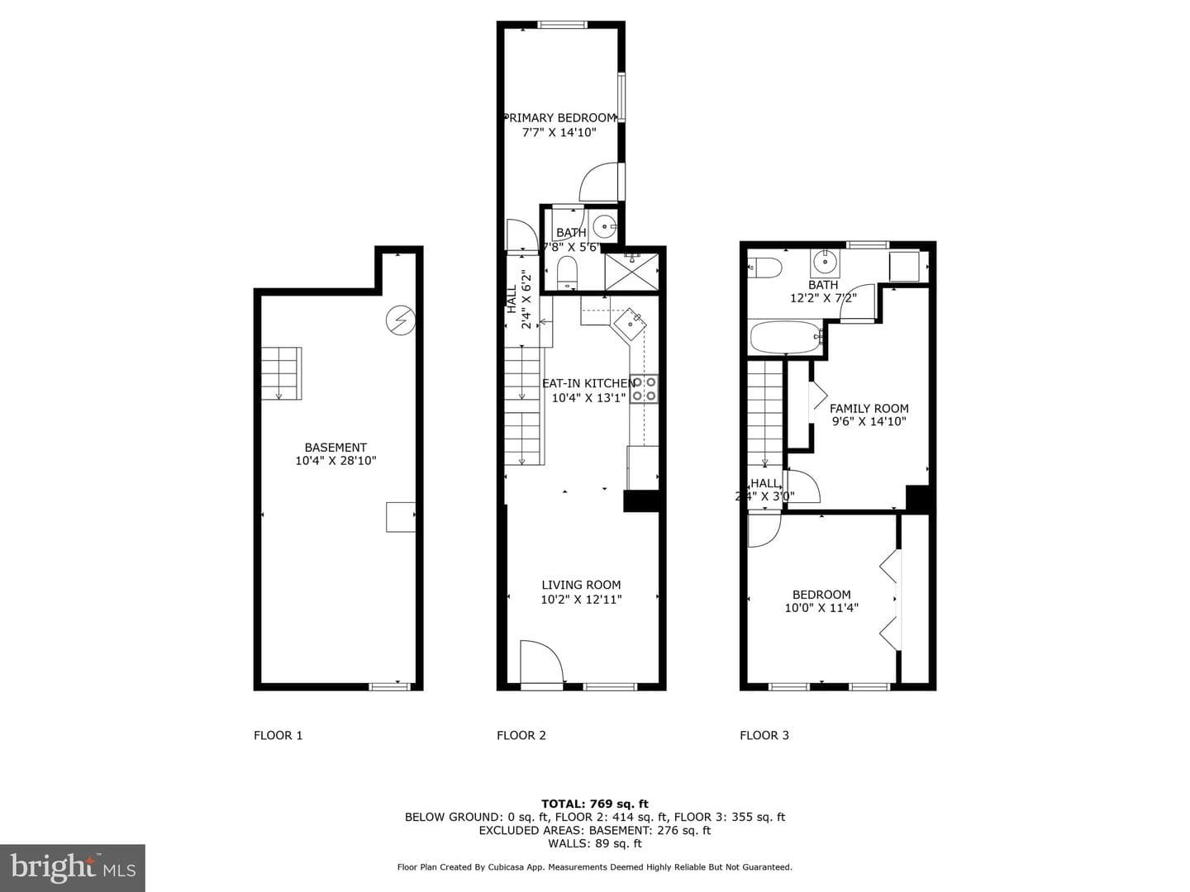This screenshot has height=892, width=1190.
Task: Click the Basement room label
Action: [x=336, y=448]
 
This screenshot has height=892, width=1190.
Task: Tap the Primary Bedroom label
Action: [x=560, y=117]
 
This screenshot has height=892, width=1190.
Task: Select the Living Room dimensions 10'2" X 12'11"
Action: [x=581, y=599]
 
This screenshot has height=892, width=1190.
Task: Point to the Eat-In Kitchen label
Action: [x=588, y=383]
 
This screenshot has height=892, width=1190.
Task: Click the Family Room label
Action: [x=869, y=408]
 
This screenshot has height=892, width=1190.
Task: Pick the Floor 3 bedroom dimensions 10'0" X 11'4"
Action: [x=821, y=608]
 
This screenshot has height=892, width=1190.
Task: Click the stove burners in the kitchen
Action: [x=645, y=389]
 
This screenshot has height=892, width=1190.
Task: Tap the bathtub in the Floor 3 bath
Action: [x=787, y=337]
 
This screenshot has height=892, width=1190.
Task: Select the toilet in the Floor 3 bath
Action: [x=764, y=268]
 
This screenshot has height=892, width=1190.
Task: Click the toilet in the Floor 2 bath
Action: [x=567, y=273]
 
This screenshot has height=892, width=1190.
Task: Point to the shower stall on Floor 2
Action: [x=631, y=272]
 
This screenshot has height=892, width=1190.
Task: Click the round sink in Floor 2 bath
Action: [x=603, y=225]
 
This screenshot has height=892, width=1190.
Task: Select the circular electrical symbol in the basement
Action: [x=401, y=320]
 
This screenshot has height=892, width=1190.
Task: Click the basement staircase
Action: [x=281, y=373]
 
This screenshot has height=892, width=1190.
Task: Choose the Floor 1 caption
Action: [x=278, y=735]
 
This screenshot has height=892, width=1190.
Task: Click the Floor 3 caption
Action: [x=764, y=735]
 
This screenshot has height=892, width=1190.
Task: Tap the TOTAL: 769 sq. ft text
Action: [x=595, y=804]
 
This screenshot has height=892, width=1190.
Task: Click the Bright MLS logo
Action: [x=73, y=867]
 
